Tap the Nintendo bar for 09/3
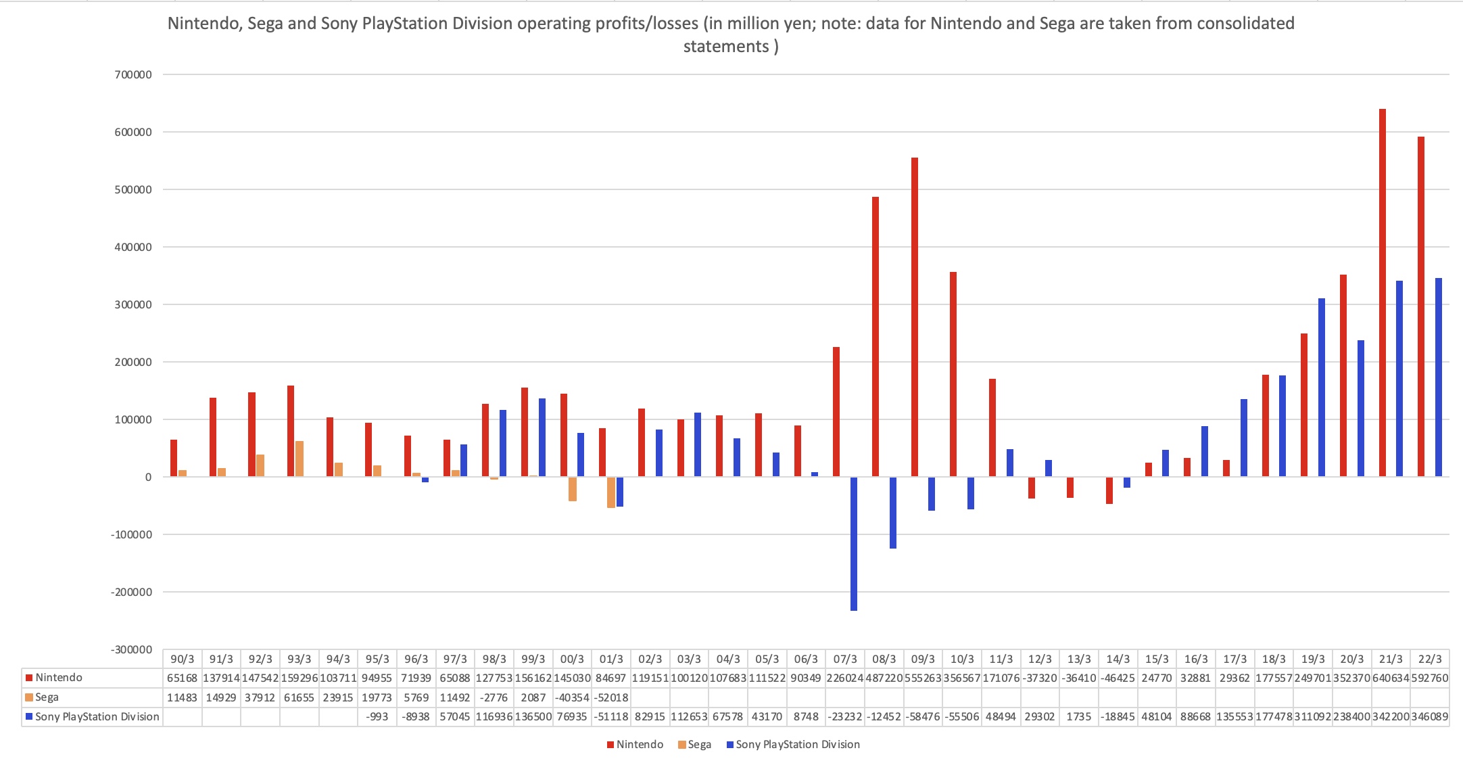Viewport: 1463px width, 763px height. point(915,317)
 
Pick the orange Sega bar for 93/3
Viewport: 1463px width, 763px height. point(299,459)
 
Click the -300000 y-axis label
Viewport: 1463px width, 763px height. point(132,650)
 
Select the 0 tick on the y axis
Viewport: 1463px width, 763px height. point(148,478)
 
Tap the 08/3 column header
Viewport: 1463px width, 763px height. point(884,659)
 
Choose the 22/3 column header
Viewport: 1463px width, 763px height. point(1429,659)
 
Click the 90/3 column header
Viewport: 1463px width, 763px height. point(183,659)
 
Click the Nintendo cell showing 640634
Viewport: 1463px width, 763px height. point(1391,678)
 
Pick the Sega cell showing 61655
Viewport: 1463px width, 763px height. point(299,697)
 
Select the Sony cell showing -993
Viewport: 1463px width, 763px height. point(377,717)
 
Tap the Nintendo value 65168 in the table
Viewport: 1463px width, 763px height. point(183,678)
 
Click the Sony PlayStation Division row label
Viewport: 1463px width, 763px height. point(97,717)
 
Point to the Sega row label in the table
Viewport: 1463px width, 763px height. point(47,697)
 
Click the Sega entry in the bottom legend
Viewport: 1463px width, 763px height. point(699,745)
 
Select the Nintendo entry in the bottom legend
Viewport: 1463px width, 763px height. point(640,745)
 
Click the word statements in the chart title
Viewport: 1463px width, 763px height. point(726,47)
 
